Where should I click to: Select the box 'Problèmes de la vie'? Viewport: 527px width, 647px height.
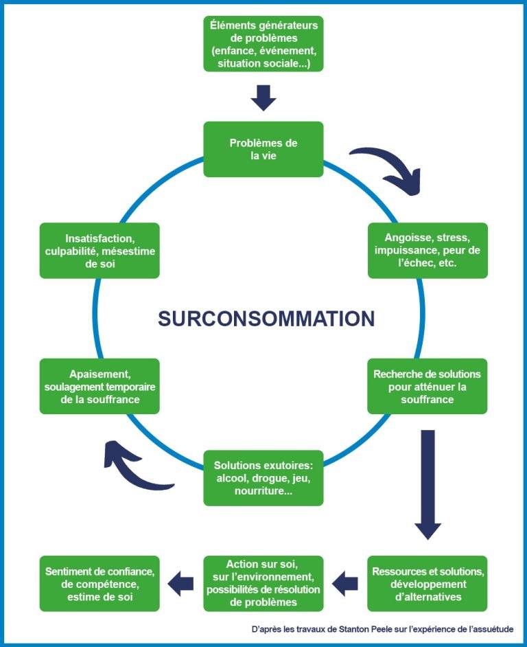point(263,149)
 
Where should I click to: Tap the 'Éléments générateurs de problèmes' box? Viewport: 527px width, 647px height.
point(263,43)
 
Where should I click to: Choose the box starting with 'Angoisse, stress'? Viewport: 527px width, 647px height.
point(428,250)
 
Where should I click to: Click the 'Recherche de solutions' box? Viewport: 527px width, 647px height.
point(428,386)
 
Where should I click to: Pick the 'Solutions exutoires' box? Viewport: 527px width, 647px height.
point(263,478)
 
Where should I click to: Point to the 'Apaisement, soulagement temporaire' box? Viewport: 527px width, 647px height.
point(99,386)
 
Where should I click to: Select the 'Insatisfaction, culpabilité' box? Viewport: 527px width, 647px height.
point(99,250)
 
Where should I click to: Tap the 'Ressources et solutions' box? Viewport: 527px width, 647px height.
point(428,583)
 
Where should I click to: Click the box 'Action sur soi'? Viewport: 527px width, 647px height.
point(263,583)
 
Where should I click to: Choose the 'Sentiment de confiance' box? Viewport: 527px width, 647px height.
point(99,583)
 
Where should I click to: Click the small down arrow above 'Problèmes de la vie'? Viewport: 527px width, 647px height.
point(263,98)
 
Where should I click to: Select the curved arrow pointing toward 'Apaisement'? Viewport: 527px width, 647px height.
point(134,467)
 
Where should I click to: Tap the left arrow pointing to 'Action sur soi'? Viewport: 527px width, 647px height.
point(345,584)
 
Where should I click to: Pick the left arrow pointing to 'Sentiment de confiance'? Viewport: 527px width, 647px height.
point(181,584)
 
